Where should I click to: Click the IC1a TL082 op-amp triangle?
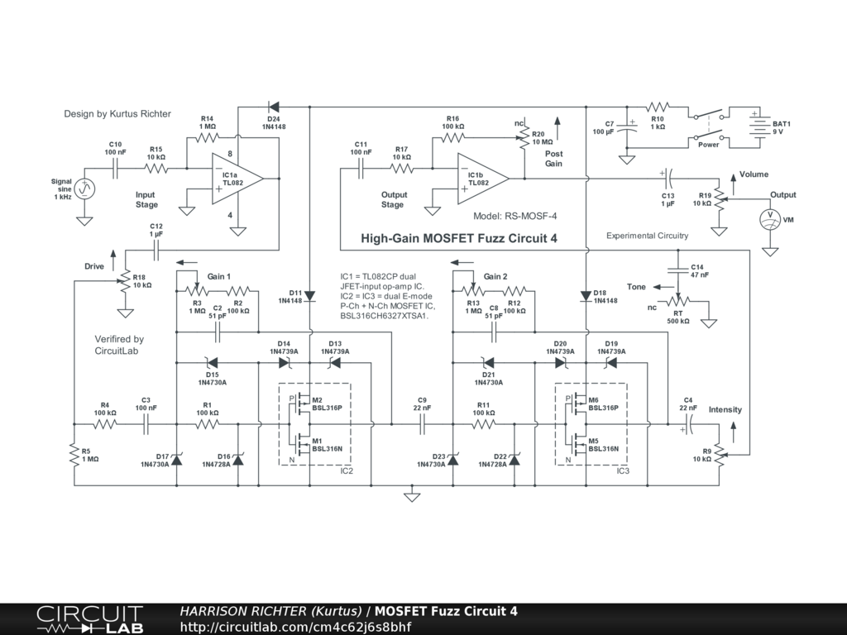(x=237, y=179)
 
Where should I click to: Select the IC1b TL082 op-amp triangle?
(x=482, y=179)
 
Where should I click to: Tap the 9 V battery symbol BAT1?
(x=760, y=127)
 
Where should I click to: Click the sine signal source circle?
(x=84, y=189)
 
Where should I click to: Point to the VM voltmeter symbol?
(x=770, y=219)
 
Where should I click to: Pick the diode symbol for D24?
(x=273, y=107)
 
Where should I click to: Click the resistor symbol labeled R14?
(x=207, y=138)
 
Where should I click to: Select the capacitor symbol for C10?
(x=115, y=169)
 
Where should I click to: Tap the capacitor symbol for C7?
(x=627, y=127)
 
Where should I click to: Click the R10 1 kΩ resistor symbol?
(x=658, y=107)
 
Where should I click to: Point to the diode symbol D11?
(x=309, y=296)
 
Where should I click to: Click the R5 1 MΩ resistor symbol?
(x=74, y=455)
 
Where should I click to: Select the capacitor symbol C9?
(x=422, y=424)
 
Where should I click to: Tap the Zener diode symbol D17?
(x=177, y=460)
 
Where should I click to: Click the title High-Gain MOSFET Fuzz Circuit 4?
(x=458, y=239)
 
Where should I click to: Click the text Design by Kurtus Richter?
(x=117, y=114)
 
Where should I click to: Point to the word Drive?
(x=94, y=266)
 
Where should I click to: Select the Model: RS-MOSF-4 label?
(x=514, y=216)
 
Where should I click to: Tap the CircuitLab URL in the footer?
(x=295, y=627)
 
